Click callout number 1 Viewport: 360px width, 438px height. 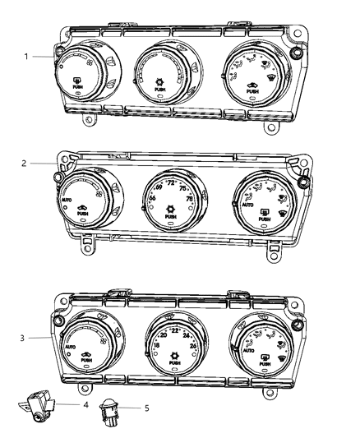[25, 56]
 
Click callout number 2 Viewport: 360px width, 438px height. [25, 163]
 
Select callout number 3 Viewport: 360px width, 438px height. [25, 337]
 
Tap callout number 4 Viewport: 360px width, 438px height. [85, 404]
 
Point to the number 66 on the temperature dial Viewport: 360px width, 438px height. [152, 198]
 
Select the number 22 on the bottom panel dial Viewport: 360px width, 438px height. [174, 330]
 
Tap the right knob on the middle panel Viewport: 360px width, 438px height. [262, 203]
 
